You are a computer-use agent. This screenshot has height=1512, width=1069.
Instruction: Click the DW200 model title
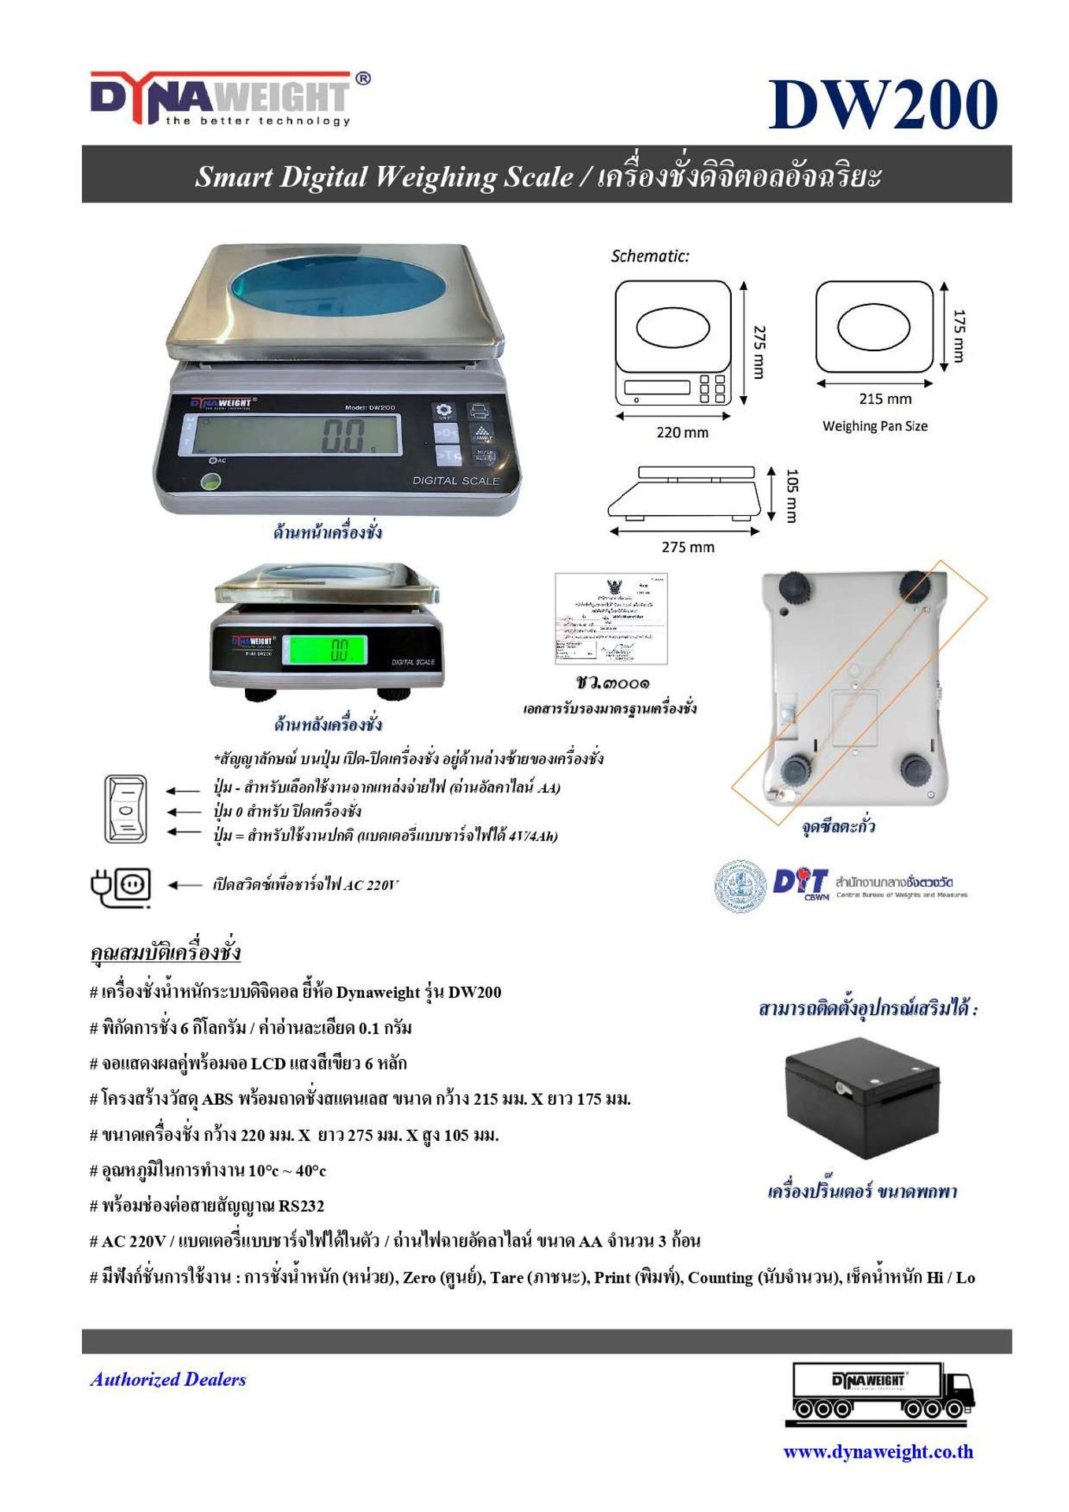click(x=883, y=105)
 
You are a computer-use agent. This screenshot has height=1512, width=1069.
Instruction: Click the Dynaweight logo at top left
click(x=228, y=98)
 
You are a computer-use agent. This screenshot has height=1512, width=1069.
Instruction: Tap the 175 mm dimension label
click(x=958, y=335)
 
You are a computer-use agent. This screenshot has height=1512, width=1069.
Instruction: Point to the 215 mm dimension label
click(x=885, y=399)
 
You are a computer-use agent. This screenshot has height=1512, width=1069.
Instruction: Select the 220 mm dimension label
click(x=682, y=432)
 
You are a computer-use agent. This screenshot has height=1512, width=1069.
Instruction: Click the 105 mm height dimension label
click(x=792, y=495)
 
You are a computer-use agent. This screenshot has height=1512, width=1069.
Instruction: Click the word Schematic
click(x=650, y=256)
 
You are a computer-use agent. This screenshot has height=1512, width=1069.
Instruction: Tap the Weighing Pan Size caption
click(x=874, y=426)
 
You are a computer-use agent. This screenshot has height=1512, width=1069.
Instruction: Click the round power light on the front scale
click(x=210, y=482)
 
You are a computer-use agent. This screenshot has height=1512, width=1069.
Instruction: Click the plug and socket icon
click(x=121, y=886)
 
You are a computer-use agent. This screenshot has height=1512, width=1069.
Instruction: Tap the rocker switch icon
click(x=125, y=809)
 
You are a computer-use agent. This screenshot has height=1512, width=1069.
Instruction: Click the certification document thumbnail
click(x=611, y=619)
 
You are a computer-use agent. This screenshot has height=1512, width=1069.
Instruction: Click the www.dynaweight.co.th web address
click(x=878, y=1451)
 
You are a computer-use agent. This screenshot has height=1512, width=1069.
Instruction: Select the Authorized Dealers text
click(x=169, y=1380)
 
